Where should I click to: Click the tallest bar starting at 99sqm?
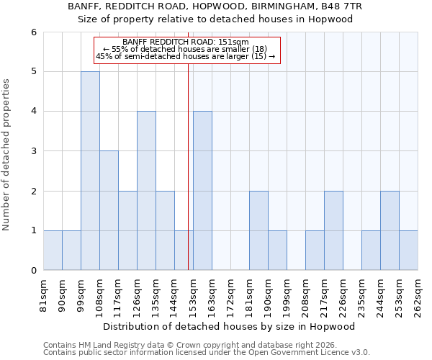click(x=90, y=171)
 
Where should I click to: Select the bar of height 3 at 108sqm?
click(x=109, y=210)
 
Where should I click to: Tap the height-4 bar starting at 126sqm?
click(x=146, y=191)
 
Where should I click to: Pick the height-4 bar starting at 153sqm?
click(x=202, y=191)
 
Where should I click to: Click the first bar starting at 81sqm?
click(x=53, y=250)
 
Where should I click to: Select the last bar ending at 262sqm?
click(x=408, y=250)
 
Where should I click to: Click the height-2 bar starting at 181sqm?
click(x=258, y=230)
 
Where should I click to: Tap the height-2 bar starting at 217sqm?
click(x=333, y=230)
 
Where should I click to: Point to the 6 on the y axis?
click(x=33, y=32)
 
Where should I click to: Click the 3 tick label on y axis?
click(x=33, y=151)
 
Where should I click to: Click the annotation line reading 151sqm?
click(x=186, y=42)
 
